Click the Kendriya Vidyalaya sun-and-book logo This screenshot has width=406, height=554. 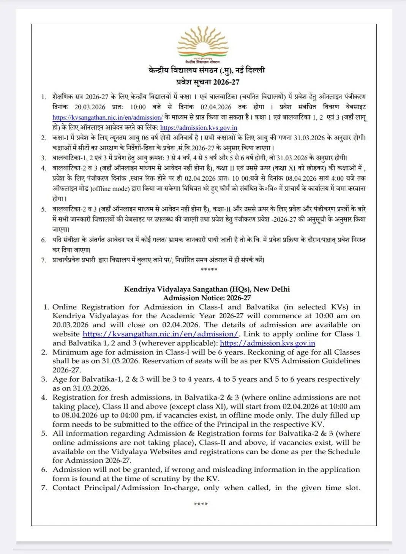pos(203,44)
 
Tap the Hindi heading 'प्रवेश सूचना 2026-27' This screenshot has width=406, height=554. pos(207,82)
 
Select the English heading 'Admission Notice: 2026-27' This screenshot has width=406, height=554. pos(207,298)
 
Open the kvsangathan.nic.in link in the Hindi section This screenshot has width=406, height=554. pos(107,118)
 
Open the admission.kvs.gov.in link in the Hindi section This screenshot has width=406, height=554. pos(199,128)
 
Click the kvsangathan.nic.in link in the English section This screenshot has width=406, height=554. pos(160,334)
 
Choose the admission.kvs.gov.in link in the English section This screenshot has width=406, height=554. pos(267,343)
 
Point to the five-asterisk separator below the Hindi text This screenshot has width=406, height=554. pos(209,270)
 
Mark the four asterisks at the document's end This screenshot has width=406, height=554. pos(201,505)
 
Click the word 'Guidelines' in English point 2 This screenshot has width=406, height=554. pos(341,361)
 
